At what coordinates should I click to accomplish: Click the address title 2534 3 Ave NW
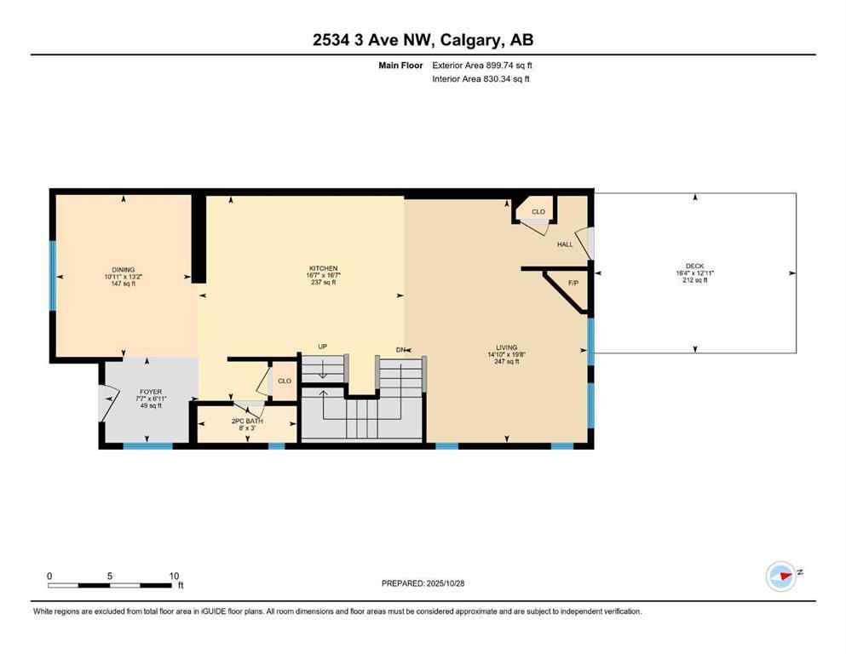tap(423, 40)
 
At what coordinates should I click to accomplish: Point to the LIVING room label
tap(507, 347)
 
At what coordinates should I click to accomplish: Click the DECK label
tap(695, 267)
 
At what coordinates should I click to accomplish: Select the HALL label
tap(565, 244)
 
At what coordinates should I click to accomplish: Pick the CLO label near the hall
tap(538, 211)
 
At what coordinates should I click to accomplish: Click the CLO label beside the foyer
tap(285, 381)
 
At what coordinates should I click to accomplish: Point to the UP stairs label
tap(322, 347)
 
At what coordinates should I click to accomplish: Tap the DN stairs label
tap(400, 349)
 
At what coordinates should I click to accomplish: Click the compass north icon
tap(780, 576)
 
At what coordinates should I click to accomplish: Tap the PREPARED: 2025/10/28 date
tap(423, 583)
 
